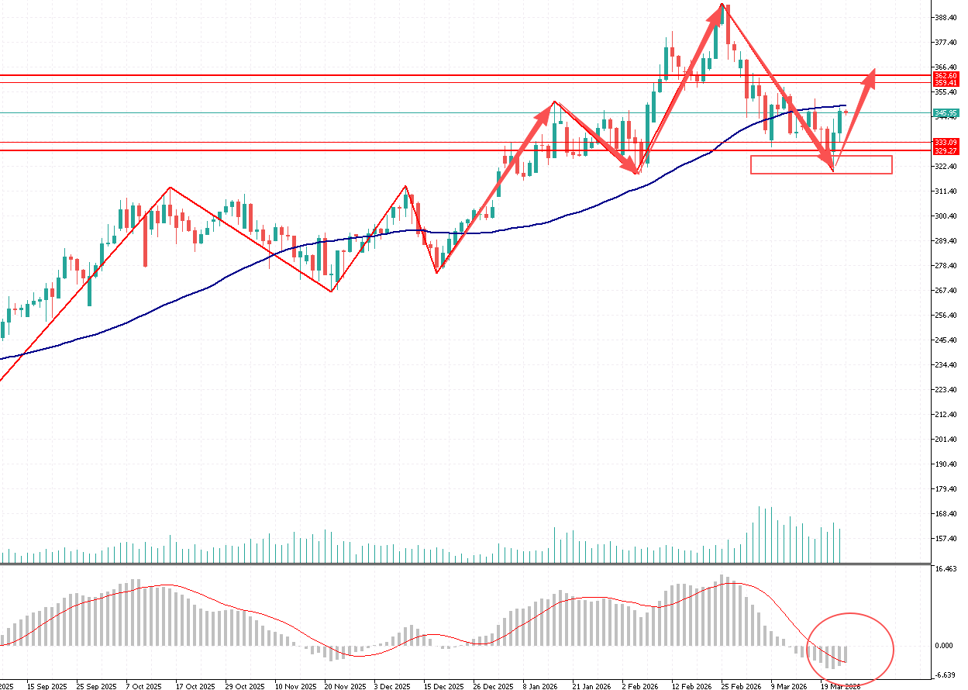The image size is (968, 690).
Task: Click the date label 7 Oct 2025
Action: click(x=143, y=686)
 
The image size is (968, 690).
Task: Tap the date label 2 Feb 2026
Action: click(x=639, y=686)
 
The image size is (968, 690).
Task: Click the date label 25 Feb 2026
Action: click(x=741, y=686)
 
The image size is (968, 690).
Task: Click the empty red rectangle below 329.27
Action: click(x=822, y=164)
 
